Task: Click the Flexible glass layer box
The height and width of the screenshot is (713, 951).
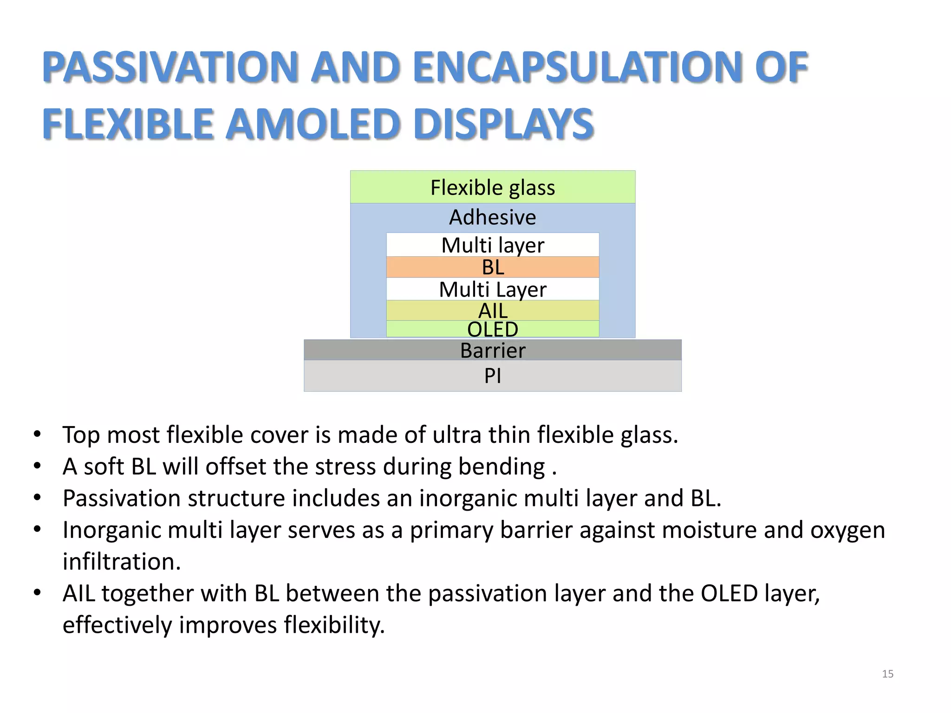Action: (492, 187)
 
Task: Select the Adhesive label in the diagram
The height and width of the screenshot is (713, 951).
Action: (492, 217)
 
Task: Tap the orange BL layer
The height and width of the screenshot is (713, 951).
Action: (492, 267)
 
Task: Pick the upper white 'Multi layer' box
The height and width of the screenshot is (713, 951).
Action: (492, 245)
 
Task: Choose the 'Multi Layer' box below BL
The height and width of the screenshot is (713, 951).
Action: (492, 289)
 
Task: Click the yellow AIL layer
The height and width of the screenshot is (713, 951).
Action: (492, 311)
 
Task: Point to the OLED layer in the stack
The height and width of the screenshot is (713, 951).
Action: (492, 329)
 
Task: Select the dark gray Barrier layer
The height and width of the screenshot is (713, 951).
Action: (492, 350)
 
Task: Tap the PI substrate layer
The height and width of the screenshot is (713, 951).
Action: (492, 376)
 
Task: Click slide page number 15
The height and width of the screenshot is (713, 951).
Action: (887, 674)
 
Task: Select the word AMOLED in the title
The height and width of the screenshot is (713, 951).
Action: (313, 124)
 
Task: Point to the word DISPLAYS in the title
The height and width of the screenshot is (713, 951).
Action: (504, 124)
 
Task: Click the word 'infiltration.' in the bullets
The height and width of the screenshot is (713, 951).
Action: (122, 561)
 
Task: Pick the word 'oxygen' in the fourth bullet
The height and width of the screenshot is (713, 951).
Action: (847, 530)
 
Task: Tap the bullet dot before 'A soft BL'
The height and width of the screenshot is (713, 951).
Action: (38, 466)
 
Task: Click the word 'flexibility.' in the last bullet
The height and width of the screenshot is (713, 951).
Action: (334, 625)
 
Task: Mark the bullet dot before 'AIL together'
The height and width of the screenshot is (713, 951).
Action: (38, 592)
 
